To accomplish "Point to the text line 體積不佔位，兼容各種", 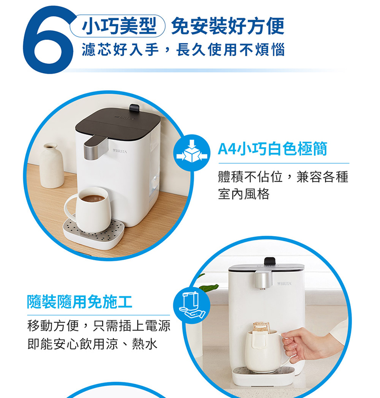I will [283, 177].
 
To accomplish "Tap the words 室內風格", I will [244, 194].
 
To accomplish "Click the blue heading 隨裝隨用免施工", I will [79, 301].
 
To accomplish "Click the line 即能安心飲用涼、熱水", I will [92, 344].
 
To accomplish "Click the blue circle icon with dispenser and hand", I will [192, 306].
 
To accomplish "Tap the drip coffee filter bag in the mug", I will [261, 328].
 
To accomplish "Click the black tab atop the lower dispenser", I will [270, 261].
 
